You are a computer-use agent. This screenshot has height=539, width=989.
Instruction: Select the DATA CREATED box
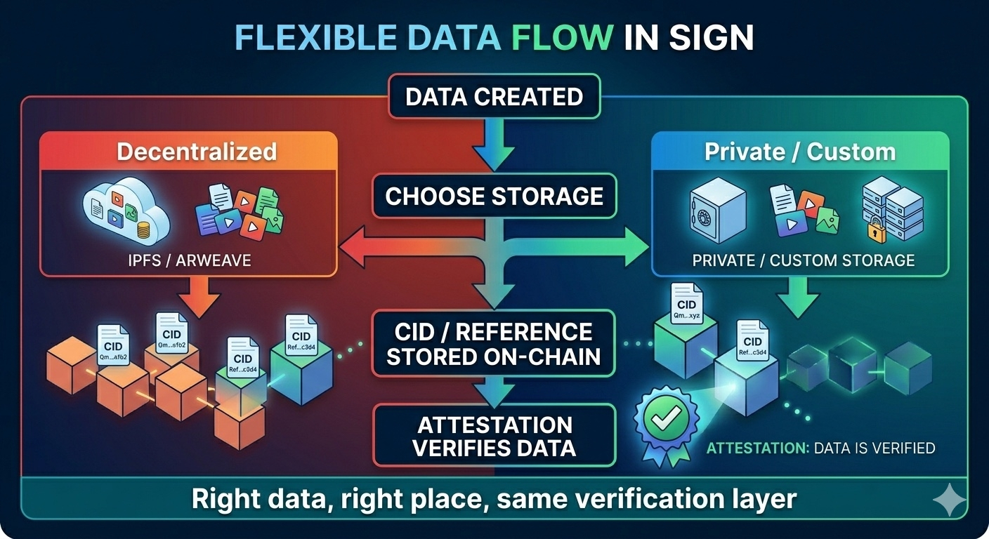pos(494,96)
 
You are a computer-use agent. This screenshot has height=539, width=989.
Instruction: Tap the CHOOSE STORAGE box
pos(494,196)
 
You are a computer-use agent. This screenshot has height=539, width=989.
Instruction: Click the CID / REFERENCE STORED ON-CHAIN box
pos(494,344)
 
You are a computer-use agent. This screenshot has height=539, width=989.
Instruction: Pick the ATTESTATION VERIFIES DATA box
pos(494,436)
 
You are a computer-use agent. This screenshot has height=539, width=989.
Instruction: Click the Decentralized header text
pos(197,152)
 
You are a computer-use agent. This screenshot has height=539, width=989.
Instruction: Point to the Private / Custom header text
pos(800,152)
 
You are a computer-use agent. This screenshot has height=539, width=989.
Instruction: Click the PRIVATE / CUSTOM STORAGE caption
pos(804,260)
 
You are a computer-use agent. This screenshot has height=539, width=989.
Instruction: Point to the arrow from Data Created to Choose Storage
pos(494,143)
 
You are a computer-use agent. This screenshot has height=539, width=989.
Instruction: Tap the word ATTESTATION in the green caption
pos(757,448)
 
